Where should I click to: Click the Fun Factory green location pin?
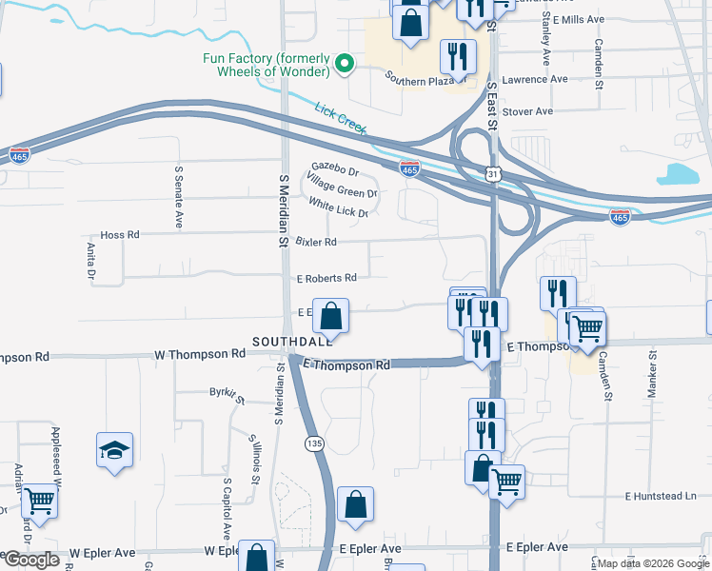coord(346,65)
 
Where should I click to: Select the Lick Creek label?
coord(341,117)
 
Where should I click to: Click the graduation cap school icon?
coord(114,450)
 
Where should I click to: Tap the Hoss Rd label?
coord(120,234)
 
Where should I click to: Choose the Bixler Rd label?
coord(316,242)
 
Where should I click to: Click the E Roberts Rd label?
coord(326,278)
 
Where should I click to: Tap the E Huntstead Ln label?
coord(667,496)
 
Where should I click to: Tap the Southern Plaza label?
coord(416,81)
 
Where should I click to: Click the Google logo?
coord(31,559)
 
